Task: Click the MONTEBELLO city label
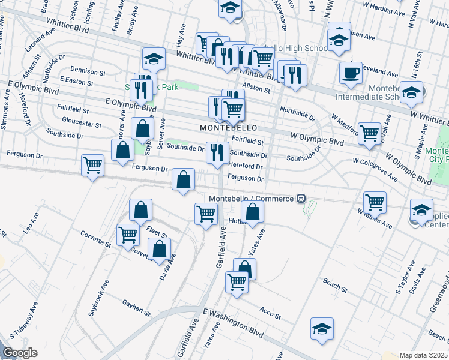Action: point(228,128)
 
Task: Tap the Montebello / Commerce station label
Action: point(252,199)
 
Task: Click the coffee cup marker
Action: point(351,73)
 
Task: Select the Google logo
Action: point(20,353)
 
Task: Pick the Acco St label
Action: point(267,310)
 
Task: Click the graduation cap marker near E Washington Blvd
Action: point(322,328)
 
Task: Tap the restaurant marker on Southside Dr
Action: point(217,152)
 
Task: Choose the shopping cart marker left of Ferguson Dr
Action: point(92,165)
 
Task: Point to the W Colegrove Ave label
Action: point(375,169)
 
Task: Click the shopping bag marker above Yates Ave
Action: point(253,211)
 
